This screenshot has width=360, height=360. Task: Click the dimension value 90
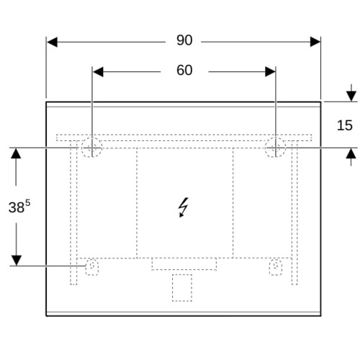184,40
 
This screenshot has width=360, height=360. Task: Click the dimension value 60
184,71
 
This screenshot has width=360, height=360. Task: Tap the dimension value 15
345,125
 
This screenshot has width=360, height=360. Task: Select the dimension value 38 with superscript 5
19,206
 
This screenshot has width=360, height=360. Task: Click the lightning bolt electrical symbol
184,207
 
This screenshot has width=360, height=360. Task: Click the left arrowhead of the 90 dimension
52,42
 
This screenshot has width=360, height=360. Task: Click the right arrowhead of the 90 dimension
315,42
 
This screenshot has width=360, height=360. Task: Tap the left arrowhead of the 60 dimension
98,72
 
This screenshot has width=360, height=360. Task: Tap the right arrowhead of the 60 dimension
270,72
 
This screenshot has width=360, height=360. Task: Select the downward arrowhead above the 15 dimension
351,96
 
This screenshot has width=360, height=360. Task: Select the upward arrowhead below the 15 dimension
351,153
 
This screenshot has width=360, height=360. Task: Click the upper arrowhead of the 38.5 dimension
16,153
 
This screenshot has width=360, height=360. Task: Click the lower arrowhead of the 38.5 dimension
16,261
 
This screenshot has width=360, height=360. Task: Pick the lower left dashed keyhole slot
92,266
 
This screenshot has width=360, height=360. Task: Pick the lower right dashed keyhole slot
276,266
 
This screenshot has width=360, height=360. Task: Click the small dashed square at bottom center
182,287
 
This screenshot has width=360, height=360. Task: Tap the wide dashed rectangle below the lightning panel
184,264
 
